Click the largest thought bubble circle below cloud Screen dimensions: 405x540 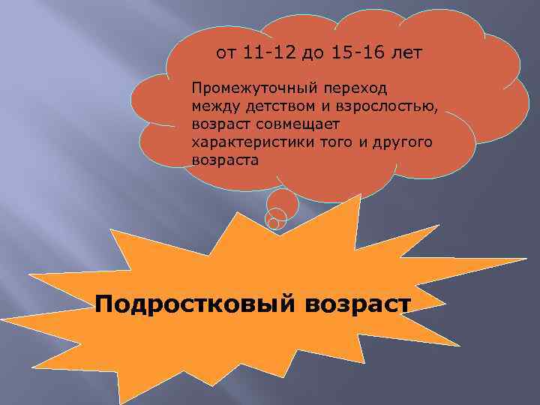click(283, 203)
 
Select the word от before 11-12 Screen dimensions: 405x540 click(224, 53)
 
